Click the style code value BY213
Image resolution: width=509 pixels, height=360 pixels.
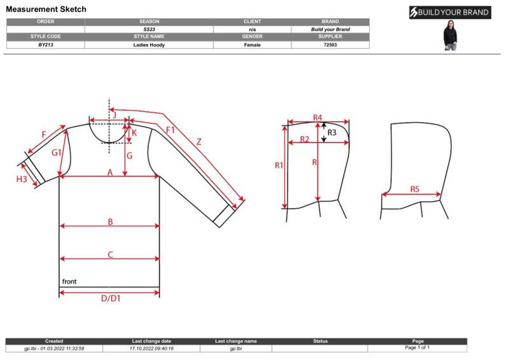[x=45, y=45]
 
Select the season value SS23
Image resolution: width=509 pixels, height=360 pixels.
[x=149, y=29]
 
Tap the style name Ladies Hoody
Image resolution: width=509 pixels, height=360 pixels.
[x=149, y=45]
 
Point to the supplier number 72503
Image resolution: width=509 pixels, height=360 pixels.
[x=330, y=45]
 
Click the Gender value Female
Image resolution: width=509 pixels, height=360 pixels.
[x=252, y=45]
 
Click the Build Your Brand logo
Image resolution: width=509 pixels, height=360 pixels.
[x=450, y=13]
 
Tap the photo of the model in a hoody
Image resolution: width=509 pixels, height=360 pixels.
[x=450, y=35]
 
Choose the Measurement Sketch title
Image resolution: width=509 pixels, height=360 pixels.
[x=46, y=9]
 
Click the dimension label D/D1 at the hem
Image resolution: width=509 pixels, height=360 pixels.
[x=111, y=298]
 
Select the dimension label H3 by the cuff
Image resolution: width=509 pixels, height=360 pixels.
[x=22, y=179]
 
